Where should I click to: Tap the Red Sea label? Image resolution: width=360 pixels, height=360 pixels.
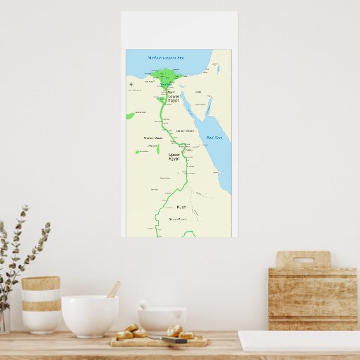(x=212, y=138)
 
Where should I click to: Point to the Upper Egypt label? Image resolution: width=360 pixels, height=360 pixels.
(x=174, y=156)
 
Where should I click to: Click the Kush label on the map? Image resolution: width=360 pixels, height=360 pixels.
(x=181, y=207)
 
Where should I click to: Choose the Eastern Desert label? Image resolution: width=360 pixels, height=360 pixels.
(x=186, y=131)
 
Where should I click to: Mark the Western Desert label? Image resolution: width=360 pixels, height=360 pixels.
(x=153, y=138)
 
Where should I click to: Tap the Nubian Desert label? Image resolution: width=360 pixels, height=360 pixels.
(x=178, y=220)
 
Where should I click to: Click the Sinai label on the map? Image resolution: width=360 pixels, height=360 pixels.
(x=198, y=92)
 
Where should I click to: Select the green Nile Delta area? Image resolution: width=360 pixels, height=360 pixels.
(x=166, y=74)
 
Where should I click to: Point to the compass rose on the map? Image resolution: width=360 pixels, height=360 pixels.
(x=132, y=85)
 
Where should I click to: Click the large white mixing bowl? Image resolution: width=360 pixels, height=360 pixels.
(x=90, y=316)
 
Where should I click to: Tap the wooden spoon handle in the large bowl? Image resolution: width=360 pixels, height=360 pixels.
(x=113, y=289)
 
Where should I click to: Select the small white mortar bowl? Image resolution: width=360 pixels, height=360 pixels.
(x=162, y=318)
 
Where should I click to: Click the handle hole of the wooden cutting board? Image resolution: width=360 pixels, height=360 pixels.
(x=303, y=259)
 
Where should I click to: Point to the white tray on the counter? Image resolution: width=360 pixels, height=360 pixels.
(x=299, y=342)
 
